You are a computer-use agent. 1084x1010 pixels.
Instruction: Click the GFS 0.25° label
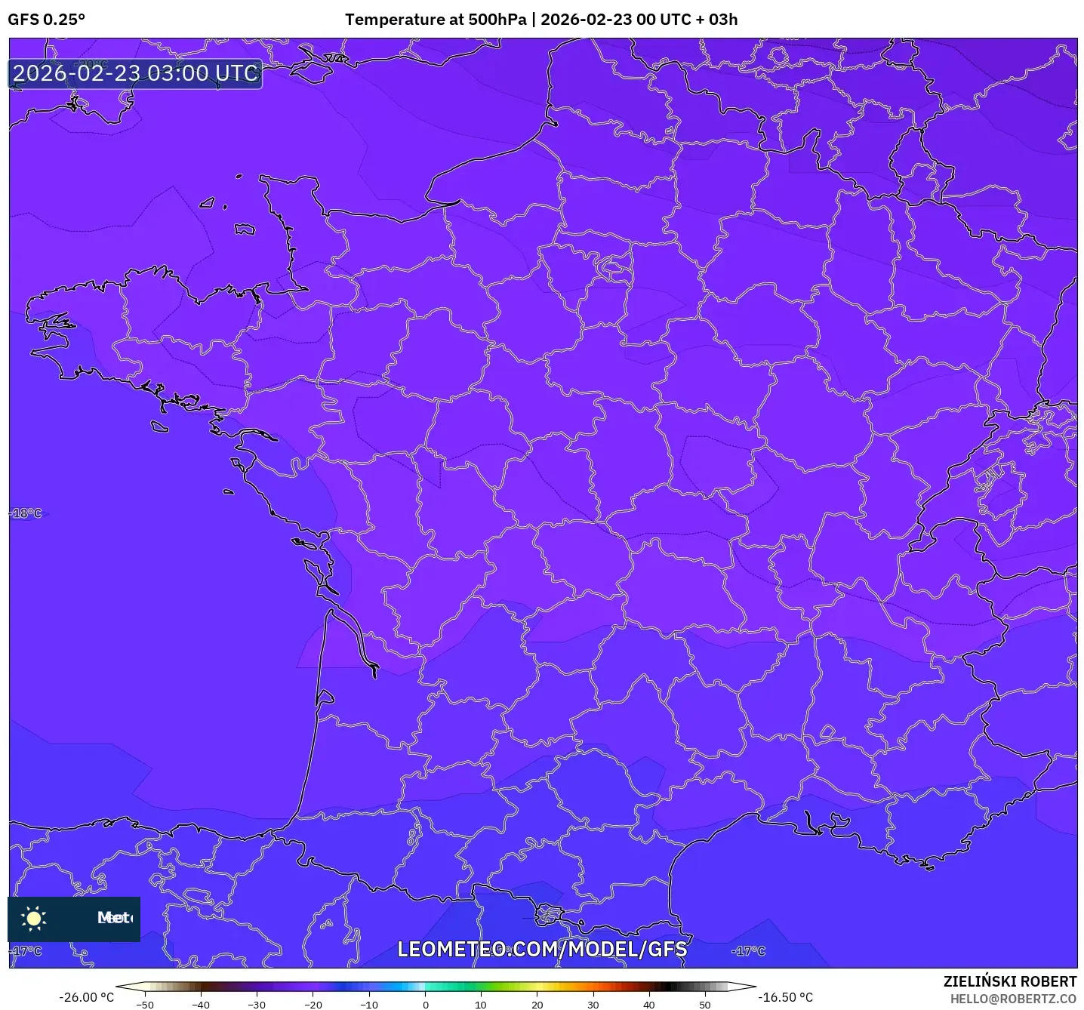click(x=46, y=20)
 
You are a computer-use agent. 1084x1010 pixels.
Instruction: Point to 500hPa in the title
click(x=497, y=20)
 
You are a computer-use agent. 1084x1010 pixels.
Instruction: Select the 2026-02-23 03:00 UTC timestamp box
click(x=136, y=74)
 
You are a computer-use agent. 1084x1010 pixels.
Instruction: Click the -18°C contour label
click(x=27, y=513)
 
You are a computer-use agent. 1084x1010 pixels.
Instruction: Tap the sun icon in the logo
click(x=34, y=918)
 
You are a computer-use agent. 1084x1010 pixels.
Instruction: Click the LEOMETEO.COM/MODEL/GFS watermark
click(x=542, y=949)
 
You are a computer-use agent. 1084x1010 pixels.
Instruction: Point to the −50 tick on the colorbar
click(x=145, y=1005)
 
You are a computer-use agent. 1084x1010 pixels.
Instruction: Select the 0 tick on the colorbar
click(x=426, y=1005)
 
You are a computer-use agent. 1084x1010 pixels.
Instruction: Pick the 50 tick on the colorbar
click(x=705, y=1005)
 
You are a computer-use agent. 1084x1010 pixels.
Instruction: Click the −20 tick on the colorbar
click(x=313, y=1005)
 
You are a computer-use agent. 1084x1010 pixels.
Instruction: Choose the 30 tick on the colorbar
click(x=593, y=1005)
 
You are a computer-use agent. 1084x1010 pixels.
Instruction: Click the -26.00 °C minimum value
click(x=87, y=997)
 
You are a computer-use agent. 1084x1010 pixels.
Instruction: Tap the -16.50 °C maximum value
click(x=786, y=997)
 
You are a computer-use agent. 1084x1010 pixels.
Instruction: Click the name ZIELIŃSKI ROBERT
click(x=1010, y=981)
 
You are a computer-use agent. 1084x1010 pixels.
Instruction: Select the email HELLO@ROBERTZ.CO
click(x=1013, y=999)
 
